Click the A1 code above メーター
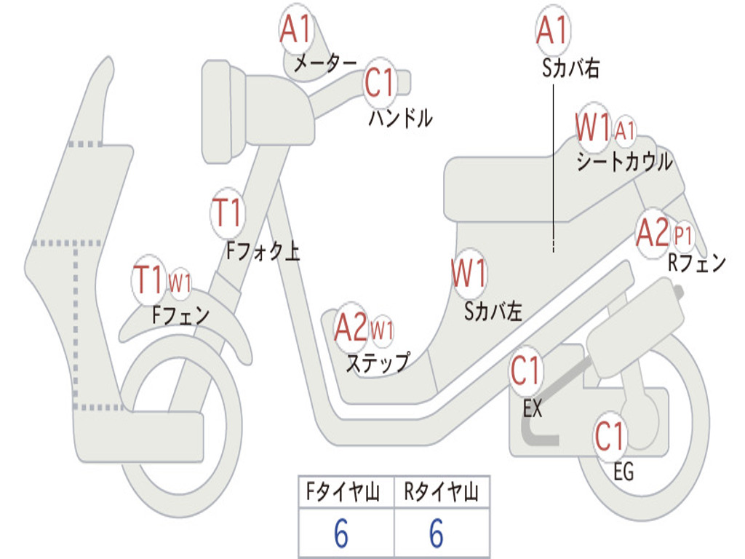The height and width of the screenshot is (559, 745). click(x=295, y=31)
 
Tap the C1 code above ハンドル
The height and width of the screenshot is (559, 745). click(x=379, y=82)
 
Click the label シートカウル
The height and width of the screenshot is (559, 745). click(x=624, y=162)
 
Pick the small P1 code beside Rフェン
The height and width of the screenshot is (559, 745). click(x=683, y=236)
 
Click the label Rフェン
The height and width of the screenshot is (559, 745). click(x=696, y=263)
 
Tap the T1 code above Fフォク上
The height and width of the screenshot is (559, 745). click(x=226, y=213)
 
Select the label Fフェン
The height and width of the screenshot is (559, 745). click(x=180, y=315)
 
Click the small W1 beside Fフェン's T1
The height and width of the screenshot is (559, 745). click(x=180, y=282)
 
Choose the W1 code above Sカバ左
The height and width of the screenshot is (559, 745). click(x=468, y=275)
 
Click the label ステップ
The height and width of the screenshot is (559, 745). click(x=377, y=362)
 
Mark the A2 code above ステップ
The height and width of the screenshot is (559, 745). click(x=351, y=328)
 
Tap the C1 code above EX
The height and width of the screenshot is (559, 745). click(x=525, y=371)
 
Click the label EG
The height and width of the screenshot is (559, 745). click(x=624, y=472)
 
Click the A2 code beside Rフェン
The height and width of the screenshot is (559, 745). click(x=651, y=233)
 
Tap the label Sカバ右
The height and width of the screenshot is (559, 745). click(x=570, y=68)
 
